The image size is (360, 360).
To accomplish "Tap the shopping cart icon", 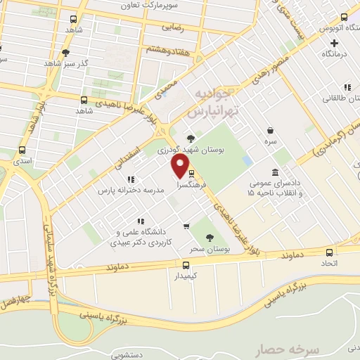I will (x=186, y=226).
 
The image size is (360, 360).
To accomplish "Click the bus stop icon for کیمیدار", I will (x=186, y=265).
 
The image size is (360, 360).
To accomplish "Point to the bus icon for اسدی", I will (x=21, y=150).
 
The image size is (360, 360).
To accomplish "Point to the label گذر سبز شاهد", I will (x=85, y=62).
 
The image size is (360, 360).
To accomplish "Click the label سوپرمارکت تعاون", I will (x=186, y=6).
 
